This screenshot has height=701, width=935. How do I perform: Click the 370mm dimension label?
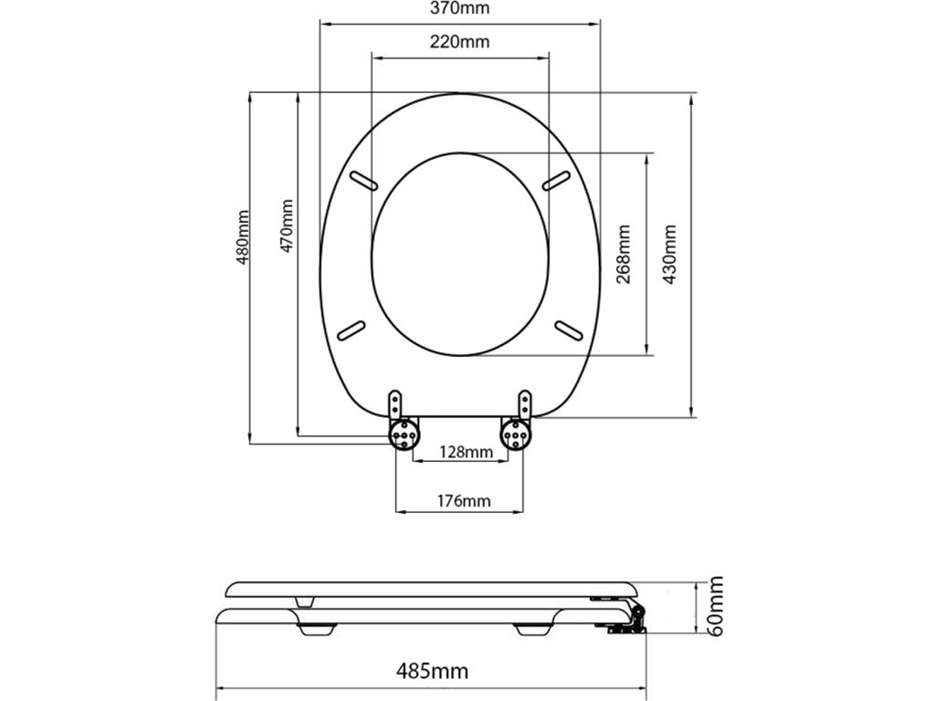pyautogui.click(x=459, y=10)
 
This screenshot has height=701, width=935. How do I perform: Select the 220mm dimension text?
pyautogui.click(x=459, y=42)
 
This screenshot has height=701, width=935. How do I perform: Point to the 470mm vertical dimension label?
pyautogui.click(x=288, y=226)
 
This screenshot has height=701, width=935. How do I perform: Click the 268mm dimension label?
pyautogui.click(x=625, y=255)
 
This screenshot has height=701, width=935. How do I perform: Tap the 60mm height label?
pyautogui.click(x=716, y=606)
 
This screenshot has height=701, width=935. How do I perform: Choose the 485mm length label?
pyautogui.click(x=432, y=672)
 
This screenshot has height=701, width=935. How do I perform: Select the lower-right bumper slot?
pyautogui.click(x=568, y=328)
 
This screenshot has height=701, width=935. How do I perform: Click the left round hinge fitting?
pyautogui.click(x=404, y=434)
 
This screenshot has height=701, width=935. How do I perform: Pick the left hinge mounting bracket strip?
pyautogui.click(x=395, y=403)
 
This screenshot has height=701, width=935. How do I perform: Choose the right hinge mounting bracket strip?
pyautogui.click(x=525, y=403)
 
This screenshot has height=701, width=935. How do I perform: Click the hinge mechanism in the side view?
pyautogui.click(x=628, y=615)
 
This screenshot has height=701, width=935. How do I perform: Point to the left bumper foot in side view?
pyautogui.click(x=316, y=629)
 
